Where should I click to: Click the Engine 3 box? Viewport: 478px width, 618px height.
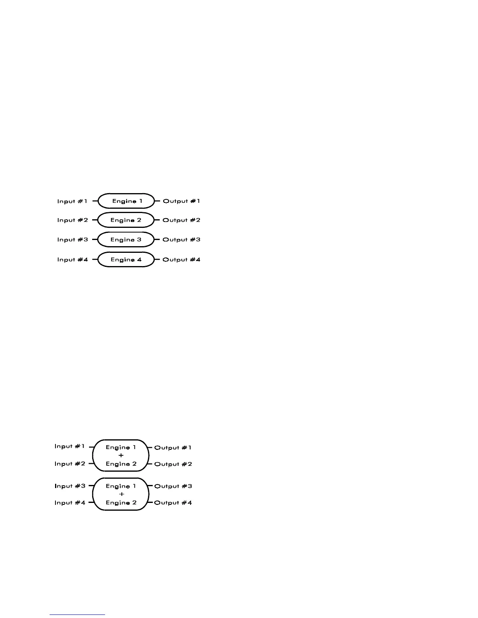click(126, 240)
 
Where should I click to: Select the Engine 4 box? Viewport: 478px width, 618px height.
click(126, 259)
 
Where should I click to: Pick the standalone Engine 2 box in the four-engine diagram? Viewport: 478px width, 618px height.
click(126, 220)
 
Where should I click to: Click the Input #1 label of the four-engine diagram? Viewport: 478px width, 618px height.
click(72, 201)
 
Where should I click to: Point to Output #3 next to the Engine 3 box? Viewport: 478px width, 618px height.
click(181, 240)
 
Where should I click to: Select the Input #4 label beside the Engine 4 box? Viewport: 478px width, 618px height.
click(72, 259)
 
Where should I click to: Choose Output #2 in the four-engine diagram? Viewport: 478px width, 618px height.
click(181, 220)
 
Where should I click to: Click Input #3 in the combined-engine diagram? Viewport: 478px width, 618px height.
click(70, 486)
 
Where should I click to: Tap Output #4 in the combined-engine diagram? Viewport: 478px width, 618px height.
click(173, 503)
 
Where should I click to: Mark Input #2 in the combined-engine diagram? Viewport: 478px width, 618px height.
click(70, 464)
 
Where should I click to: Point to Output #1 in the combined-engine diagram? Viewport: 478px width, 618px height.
click(173, 448)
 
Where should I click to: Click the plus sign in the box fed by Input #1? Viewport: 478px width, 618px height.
click(121, 455)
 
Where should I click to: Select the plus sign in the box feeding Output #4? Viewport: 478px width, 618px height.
click(121, 494)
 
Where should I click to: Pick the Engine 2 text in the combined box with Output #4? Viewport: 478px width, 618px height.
click(121, 503)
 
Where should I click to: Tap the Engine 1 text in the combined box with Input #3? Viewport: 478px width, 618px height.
click(121, 486)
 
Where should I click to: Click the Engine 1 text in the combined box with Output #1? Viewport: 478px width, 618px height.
click(121, 448)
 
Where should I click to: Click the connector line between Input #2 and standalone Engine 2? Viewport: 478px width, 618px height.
click(95, 220)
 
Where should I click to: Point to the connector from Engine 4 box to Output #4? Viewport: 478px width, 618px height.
click(157, 259)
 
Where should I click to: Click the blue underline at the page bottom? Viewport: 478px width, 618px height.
click(77, 614)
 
